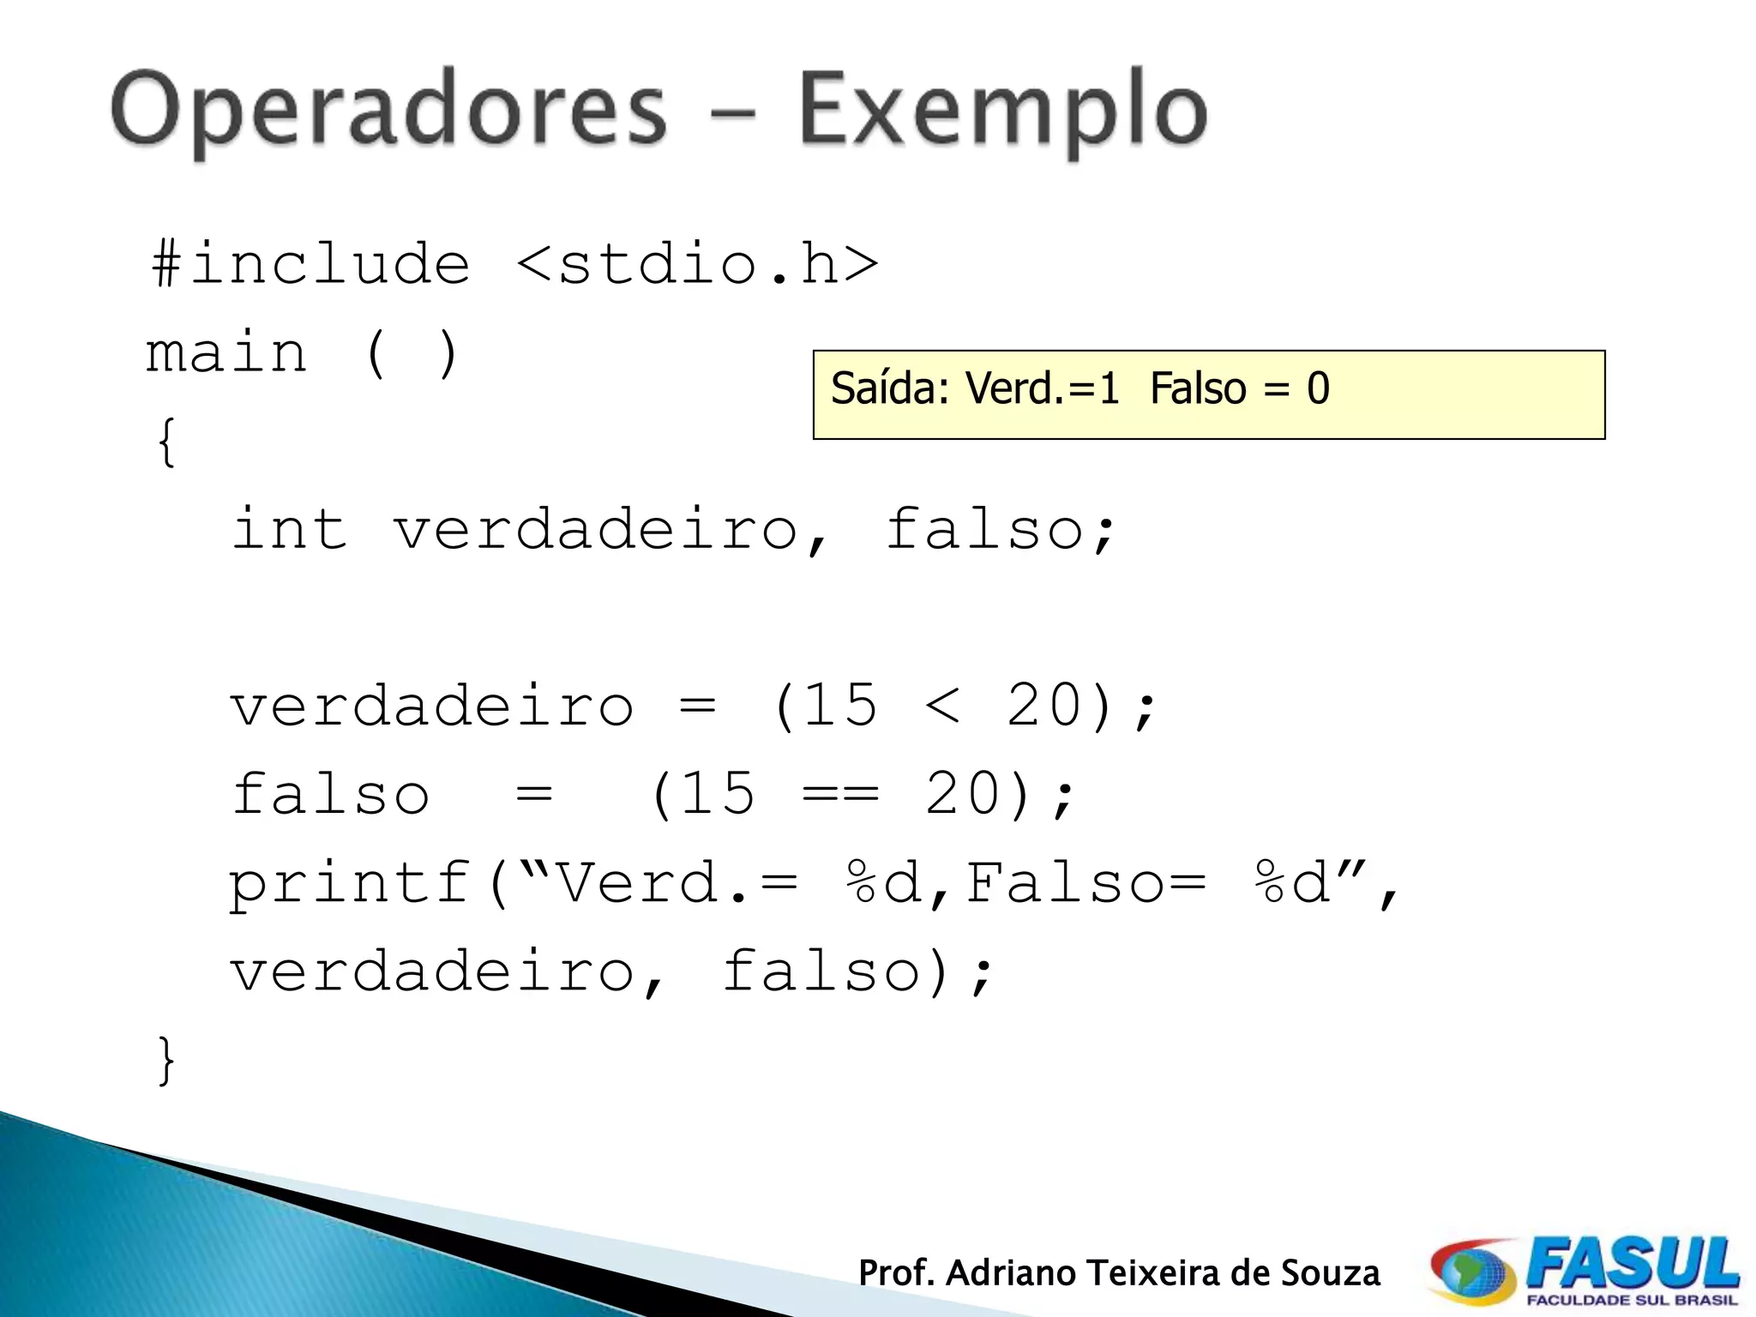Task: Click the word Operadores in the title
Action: coord(388,111)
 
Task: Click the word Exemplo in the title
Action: coord(1002,111)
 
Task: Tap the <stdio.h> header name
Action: coord(698,263)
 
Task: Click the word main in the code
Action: coord(226,353)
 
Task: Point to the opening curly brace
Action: coord(166,442)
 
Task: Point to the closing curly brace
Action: coord(166,1061)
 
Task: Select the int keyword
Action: coord(290,529)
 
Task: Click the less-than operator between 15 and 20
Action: coord(942,707)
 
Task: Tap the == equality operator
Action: coord(840,795)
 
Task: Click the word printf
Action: coord(350,883)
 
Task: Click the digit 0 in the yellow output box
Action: coord(1318,388)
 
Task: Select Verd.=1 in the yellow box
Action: coord(1043,388)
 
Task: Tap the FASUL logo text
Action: coord(1633,1266)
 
